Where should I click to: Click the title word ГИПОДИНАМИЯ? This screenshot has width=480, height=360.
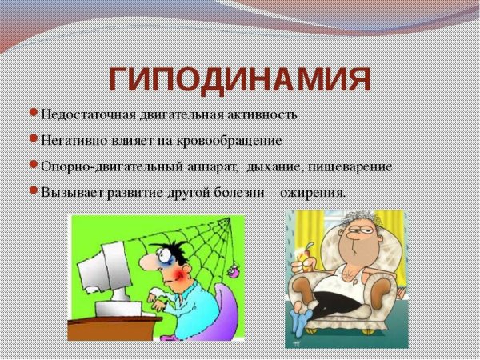[x=240, y=79]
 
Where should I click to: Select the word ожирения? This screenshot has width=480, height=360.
[x=317, y=192]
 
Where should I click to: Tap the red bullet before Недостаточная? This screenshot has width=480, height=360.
[x=33, y=113]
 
